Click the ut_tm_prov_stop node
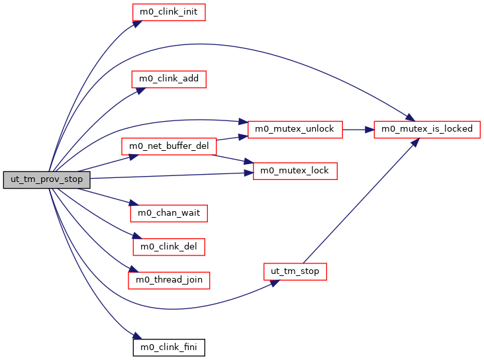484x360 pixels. pyautogui.click(x=46, y=179)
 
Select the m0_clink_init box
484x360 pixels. pyautogui.click(x=169, y=12)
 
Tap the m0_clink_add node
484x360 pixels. pyautogui.click(x=169, y=79)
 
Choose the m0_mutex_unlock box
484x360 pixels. pyautogui.click(x=295, y=129)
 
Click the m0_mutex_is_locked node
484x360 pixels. pyautogui.click(x=426, y=129)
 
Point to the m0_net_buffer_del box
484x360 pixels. pyautogui.click(x=168, y=146)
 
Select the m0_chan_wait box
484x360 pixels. pyautogui.click(x=169, y=213)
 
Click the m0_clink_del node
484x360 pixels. pyautogui.click(x=169, y=246)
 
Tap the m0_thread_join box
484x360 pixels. pyautogui.click(x=169, y=280)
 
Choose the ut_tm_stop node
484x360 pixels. pyautogui.click(x=295, y=271)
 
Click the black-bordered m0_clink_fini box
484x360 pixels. pyautogui.click(x=169, y=347)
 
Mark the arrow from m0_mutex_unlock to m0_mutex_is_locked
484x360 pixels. pyautogui.click(x=358, y=129)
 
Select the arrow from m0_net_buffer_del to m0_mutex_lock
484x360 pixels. pyautogui.click(x=232, y=159)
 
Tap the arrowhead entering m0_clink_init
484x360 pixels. pyautogui.click(x=137, y=23)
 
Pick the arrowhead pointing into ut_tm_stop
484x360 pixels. pyautogui.click(x=273, y=282)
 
